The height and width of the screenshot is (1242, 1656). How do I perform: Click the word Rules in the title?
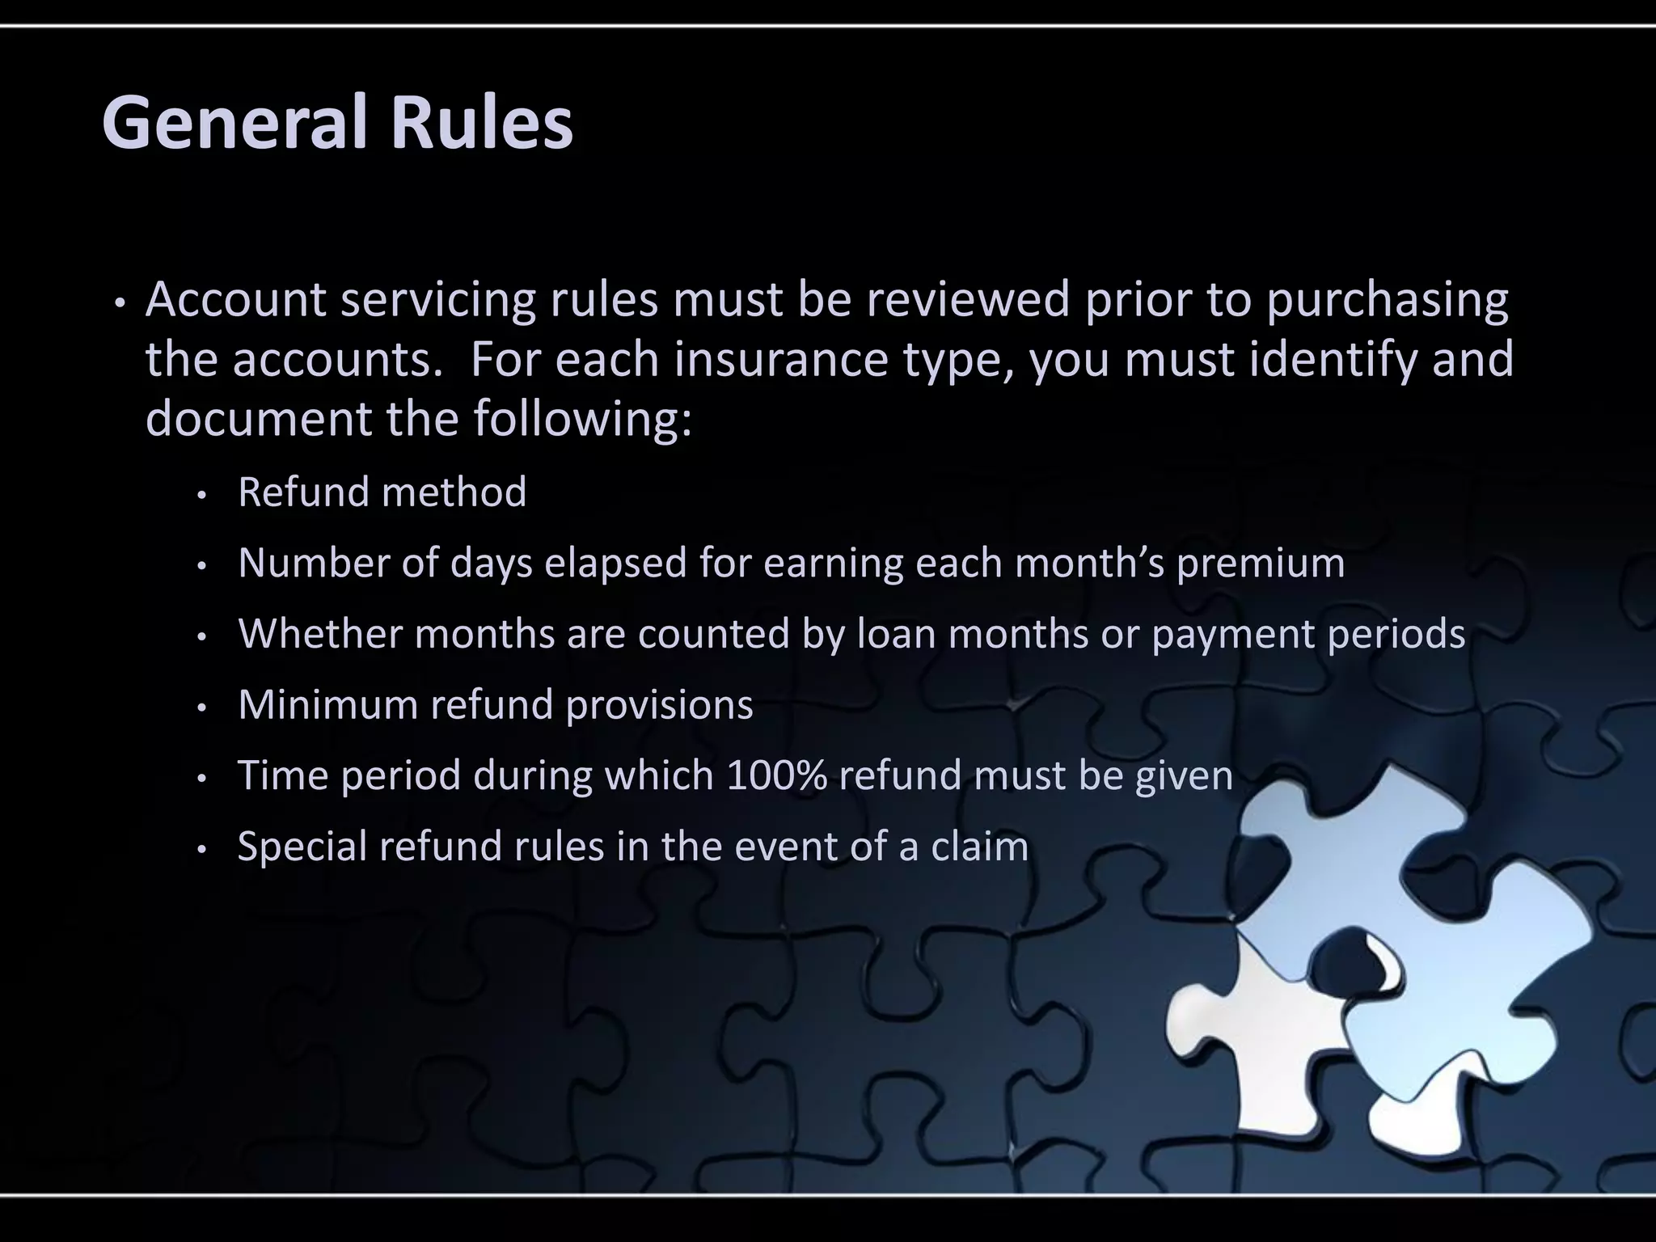point(482,123)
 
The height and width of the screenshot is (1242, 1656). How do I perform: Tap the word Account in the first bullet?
point(236,299)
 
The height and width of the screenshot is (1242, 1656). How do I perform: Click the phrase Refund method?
point(382,492)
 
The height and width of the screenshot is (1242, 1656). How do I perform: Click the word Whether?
point(320,633)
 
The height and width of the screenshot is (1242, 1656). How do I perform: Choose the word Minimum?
point(327,704)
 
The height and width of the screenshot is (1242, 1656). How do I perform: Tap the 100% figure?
point(776,775)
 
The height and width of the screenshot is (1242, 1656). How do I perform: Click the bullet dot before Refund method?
point(203,495)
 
